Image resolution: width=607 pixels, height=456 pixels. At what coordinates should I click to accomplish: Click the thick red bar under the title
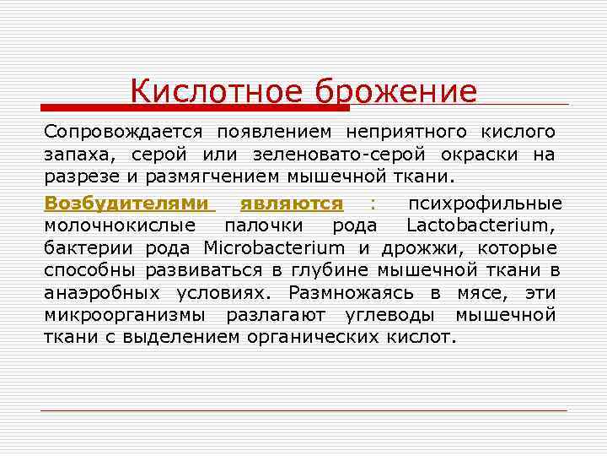[x=195, y=108]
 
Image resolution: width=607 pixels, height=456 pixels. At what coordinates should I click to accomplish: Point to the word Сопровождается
[x=123, y=133]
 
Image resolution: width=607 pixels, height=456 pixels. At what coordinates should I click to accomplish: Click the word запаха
[x=81, y=155]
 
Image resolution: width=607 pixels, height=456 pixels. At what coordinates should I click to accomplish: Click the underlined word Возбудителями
[x=126, y=203]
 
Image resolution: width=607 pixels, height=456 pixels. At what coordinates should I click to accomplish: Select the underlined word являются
[x=291, y=203]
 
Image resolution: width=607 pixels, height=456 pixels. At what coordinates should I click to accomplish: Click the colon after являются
[x=373, y=204]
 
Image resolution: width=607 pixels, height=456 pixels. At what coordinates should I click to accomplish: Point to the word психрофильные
[x=485, y=203]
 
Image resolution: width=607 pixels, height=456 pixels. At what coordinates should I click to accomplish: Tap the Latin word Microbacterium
[x=274, y=248]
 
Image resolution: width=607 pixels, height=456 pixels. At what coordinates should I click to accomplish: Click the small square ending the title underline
[x=564, y=105]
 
